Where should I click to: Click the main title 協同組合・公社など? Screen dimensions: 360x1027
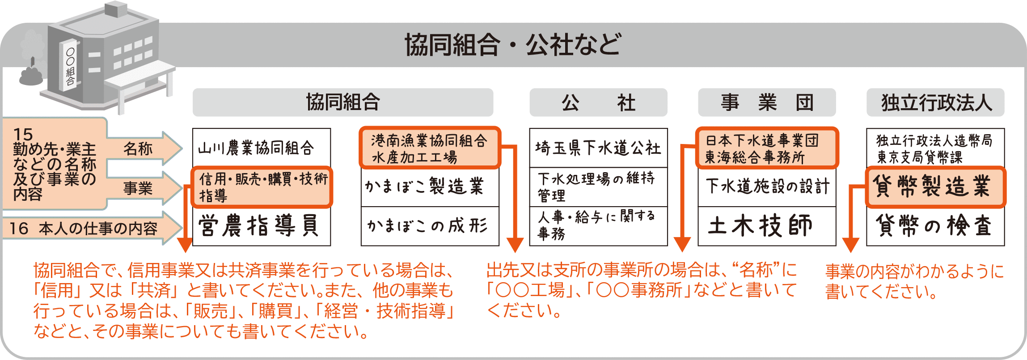click(x=512, y=44)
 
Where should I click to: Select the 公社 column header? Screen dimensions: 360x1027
click(x=598, y=102)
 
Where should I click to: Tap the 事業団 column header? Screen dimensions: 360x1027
click(x=766, y=102)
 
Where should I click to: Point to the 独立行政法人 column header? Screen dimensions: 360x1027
click(x=935, y=102)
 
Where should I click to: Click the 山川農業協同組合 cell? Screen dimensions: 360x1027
click(x=261, y=148)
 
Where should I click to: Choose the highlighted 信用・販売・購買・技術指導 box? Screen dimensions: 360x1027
click(x=262, y=187)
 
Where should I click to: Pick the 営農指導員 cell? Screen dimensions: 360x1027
click(x=261, y=225)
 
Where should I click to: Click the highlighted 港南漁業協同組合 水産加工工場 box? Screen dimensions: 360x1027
click(x=429, y=148)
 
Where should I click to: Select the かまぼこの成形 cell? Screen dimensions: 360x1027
click(x=429, y=226)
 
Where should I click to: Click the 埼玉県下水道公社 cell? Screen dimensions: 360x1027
click(x=598, y=148)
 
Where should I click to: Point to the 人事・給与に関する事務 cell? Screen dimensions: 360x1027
click(x=598, y=226)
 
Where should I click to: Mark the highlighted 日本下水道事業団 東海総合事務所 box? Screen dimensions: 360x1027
click(x=766, y=148)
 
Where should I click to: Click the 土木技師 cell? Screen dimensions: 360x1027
click(x=766, y=226)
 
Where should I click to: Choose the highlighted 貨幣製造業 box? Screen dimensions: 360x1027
click(x=935, y=187)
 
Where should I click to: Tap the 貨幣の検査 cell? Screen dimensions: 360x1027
click(x=935, y=226)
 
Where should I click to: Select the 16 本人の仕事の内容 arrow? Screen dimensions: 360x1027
click(x=89, y=229)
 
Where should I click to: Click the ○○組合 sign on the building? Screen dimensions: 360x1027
click(x=71, y=67)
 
